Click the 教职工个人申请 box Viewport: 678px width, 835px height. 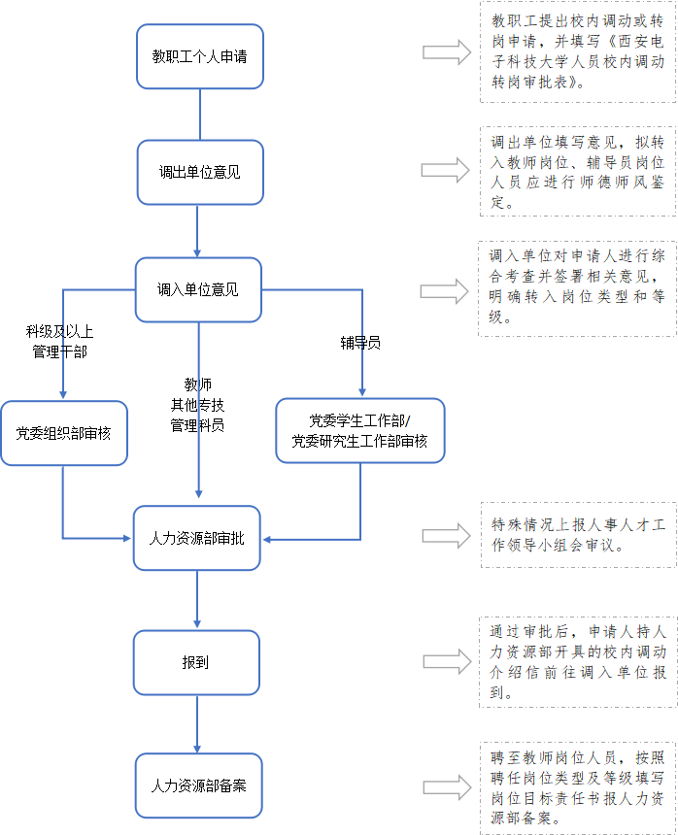pos(199,56)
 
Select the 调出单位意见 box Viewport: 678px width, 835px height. pos(199,172)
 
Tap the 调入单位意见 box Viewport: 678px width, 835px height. pos(198,289)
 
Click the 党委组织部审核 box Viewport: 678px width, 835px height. pos(63,433)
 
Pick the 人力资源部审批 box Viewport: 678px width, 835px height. pos(197,537)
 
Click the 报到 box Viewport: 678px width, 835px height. pos(197,662)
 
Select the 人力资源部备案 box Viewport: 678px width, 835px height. pos(198,785)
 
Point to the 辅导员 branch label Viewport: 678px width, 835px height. pos(360,343)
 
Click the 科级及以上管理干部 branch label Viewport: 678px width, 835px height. pos(60,342)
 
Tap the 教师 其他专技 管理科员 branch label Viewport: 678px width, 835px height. pos(197,404)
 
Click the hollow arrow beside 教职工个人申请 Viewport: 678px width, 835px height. pos(447,54)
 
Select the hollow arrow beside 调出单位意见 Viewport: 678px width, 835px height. pos(446,171)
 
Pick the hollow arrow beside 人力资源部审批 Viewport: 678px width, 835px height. pos(446,535)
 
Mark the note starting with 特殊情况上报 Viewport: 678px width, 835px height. pos(578,535)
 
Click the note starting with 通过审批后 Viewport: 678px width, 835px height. pos(578,661)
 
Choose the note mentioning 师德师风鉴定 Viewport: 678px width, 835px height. pos(578,172)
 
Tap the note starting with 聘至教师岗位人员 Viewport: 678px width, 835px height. pos(578,785)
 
